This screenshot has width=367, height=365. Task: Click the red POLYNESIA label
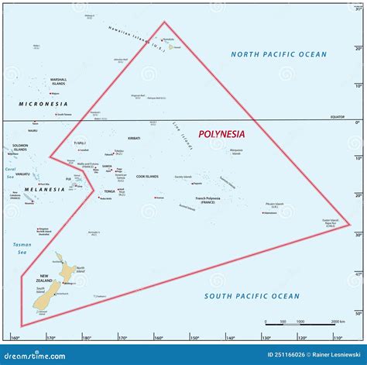click(221, 133)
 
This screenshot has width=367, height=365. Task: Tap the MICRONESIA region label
click(44, 103)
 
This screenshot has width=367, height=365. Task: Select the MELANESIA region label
click(44, 189)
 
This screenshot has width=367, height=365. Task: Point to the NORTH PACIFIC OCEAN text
click(279, 54)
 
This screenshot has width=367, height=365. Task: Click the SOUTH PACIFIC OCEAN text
click(252, 296)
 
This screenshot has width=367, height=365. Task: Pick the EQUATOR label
click(341, 117)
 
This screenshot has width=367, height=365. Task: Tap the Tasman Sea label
click(22, 249)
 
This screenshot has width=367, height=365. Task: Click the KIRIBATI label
click(134, 138)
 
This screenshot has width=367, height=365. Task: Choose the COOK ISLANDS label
click(147, 177)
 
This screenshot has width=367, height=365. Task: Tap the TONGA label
click(110, 191)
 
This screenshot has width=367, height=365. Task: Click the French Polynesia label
click(208, 200)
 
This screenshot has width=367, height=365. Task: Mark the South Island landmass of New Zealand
click(48, 295)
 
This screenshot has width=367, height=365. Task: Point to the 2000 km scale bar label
click(338, 322)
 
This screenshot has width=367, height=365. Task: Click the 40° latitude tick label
click(358, 274)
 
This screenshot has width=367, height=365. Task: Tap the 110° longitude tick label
click(337, 338)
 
